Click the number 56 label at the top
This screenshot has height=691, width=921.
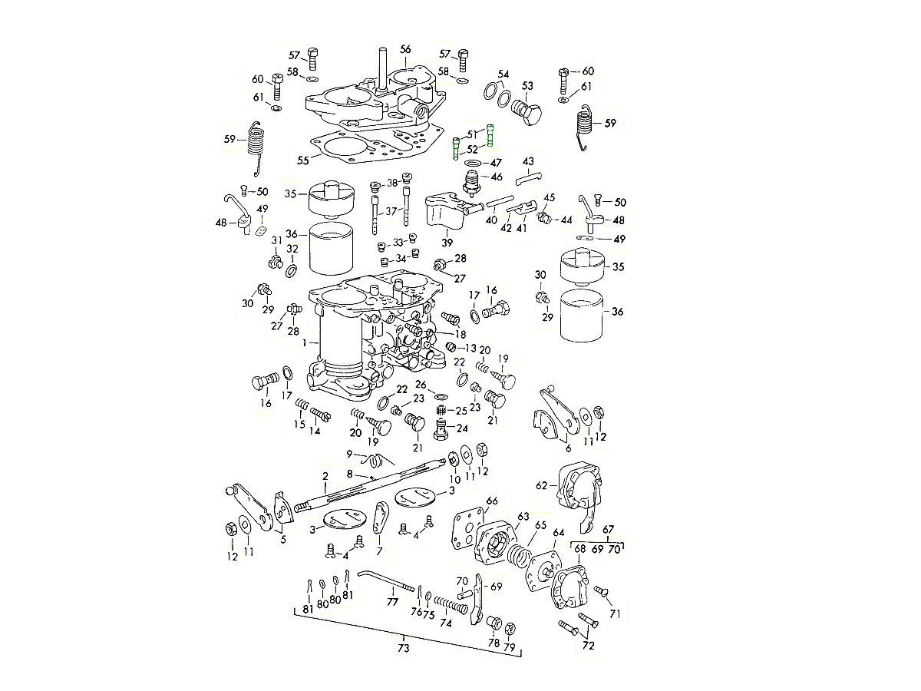406,49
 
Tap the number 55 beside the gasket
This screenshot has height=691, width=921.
302,160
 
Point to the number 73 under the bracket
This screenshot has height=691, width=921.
404,648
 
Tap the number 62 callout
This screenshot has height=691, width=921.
543,484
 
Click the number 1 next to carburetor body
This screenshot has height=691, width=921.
305,342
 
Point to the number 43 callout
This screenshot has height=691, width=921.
528,161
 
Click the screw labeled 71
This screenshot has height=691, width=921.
602,591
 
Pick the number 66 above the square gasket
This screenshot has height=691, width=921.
492,501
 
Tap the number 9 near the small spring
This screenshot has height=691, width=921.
349,454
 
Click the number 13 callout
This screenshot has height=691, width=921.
470,348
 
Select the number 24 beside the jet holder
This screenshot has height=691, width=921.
462,428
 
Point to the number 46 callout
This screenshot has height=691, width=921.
497,177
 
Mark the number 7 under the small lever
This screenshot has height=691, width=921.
379,551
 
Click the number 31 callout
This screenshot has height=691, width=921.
277,240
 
